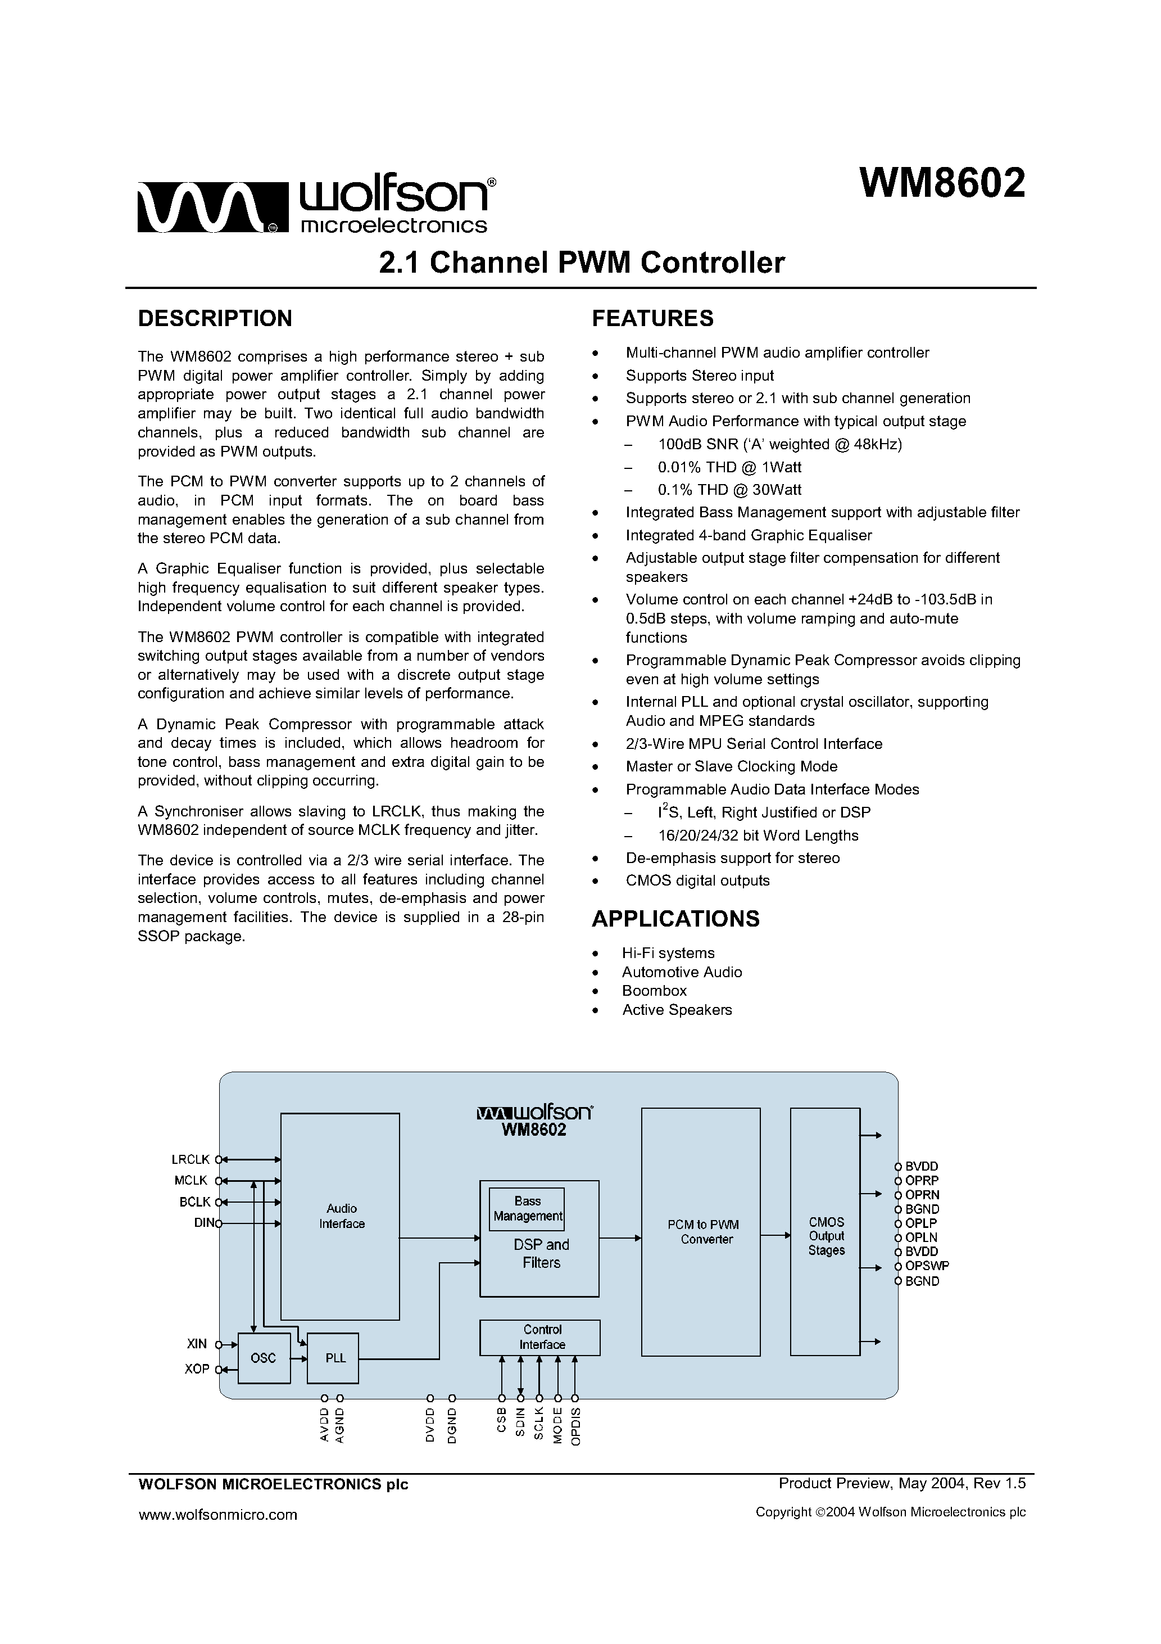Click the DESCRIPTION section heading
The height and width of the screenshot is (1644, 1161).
pyautogui.click(x=215, y=319)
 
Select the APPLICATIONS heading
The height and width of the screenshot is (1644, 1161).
pyautogui.click(x=675, y=919)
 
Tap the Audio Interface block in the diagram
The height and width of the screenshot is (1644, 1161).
pyautogui.click(x=340, y=1216)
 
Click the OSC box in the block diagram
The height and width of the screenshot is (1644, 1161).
pyautogui.click(x=264, y=1358)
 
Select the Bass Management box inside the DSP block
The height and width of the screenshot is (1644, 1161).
pyautogui.click(x=527, y=1209)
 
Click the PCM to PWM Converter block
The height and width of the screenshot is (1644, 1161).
pyautogui.click(x=701, y=1231)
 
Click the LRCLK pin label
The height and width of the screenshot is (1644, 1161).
pyautogui.click(x=191, y=1159)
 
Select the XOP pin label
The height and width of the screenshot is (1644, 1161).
pyautogui.click(x=197, y=1369)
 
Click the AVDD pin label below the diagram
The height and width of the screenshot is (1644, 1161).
pyautogui.click(x=324, y=1425)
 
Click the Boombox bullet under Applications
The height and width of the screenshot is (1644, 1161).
pyautogui.click(x=654, y=991)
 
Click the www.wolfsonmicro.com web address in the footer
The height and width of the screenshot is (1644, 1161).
pyautogui.click(x=217, y=1514)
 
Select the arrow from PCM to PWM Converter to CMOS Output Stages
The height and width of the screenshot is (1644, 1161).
pyautogui.click(x=775, y=1235)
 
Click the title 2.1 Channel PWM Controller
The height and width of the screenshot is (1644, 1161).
pyautogui.click(x=581, y=263)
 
